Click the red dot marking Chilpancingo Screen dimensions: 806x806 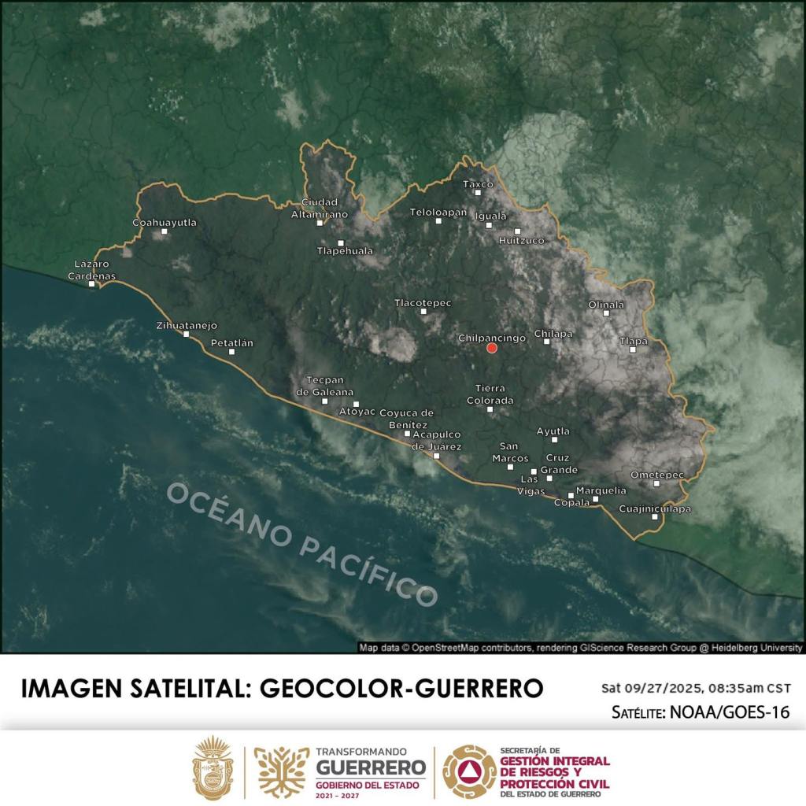(492, 348)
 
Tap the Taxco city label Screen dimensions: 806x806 (478, 184)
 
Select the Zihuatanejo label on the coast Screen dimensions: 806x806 (187, 325)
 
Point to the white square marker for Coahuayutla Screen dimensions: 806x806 (164, 231)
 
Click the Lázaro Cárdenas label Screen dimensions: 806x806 (91, 270)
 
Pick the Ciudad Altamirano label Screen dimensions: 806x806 (320, 208)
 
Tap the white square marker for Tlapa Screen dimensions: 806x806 (633, 349)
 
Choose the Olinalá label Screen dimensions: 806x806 (606, 305)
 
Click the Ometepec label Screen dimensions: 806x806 (657, 475)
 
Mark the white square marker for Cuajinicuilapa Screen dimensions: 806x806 (655, 517)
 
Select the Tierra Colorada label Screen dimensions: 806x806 (490, 394)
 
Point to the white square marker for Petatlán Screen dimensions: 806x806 (231, 351)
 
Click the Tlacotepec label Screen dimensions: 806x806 (423, 302)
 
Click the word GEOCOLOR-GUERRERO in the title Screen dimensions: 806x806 (401, 688)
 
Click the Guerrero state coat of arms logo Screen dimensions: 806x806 (213, 769)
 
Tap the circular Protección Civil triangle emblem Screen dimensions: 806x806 (469, 771)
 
